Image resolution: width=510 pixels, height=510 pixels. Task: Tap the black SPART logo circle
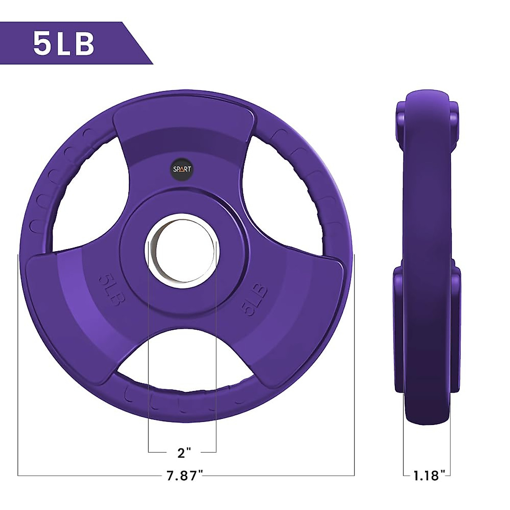(x=182, y=169)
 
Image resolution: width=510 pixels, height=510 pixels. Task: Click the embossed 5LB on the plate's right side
(x=255, y=300)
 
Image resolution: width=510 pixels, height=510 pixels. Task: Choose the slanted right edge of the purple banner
(x=138, y=43)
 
